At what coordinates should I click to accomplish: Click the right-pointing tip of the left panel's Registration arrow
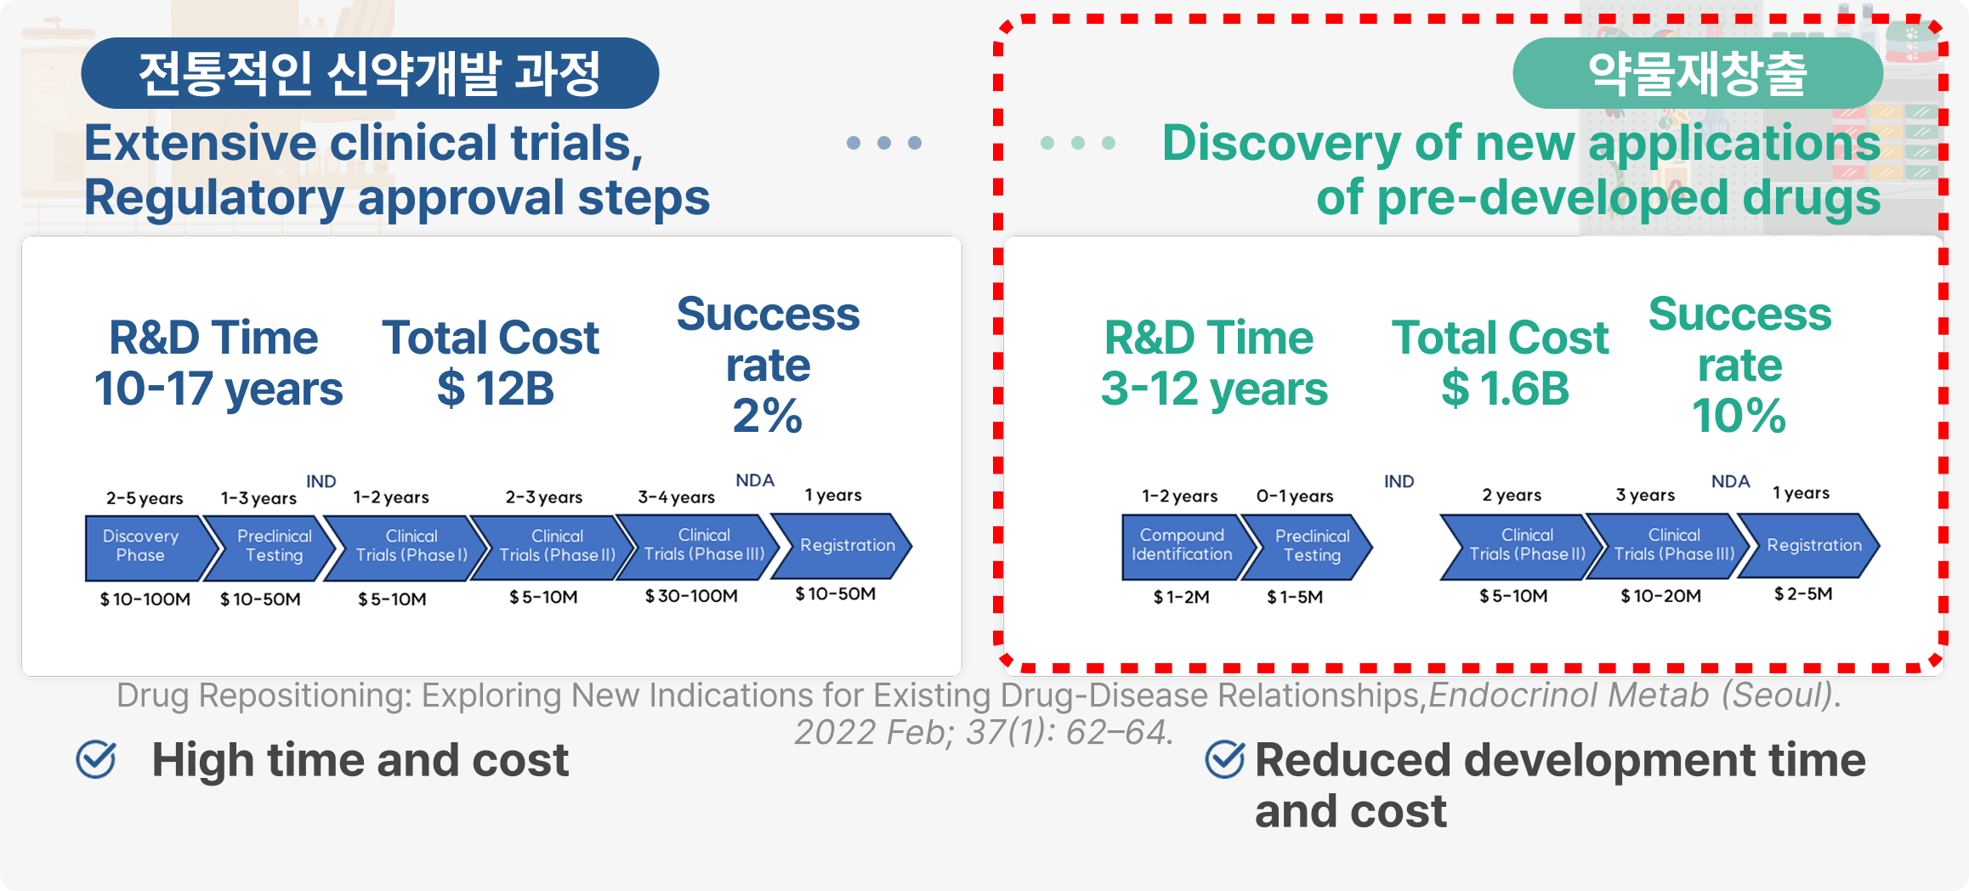(x=912, y=546)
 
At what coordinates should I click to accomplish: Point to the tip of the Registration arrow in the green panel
(x=1880, y=546)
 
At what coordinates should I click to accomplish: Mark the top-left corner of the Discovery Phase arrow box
(x=86, y=516)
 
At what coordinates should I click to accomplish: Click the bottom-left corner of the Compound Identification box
(x=1122, y=580)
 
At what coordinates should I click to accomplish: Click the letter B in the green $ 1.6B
(x=1553, y=389)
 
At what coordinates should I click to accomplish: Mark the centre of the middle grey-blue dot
(x=884, y=143)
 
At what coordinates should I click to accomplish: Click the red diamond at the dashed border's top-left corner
(x=1006, y=26)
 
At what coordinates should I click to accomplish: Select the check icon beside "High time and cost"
(x=96, y=759)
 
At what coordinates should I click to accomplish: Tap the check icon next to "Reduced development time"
(x=1225, y=759)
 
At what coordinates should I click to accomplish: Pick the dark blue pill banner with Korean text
(x=370, y=73)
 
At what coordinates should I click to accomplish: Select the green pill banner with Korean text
(x=1698, y=73)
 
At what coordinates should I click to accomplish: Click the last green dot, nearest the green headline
(x=1109, y=143)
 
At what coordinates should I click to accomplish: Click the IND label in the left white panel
(x=321, y=481)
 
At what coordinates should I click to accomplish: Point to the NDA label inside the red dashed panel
(x=1731, y=481)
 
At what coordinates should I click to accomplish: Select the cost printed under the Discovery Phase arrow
(x=145, y=599)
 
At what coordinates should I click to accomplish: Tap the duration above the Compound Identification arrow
(x=1179, y=496)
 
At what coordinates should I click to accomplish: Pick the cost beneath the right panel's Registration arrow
(x=1803, y=593)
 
